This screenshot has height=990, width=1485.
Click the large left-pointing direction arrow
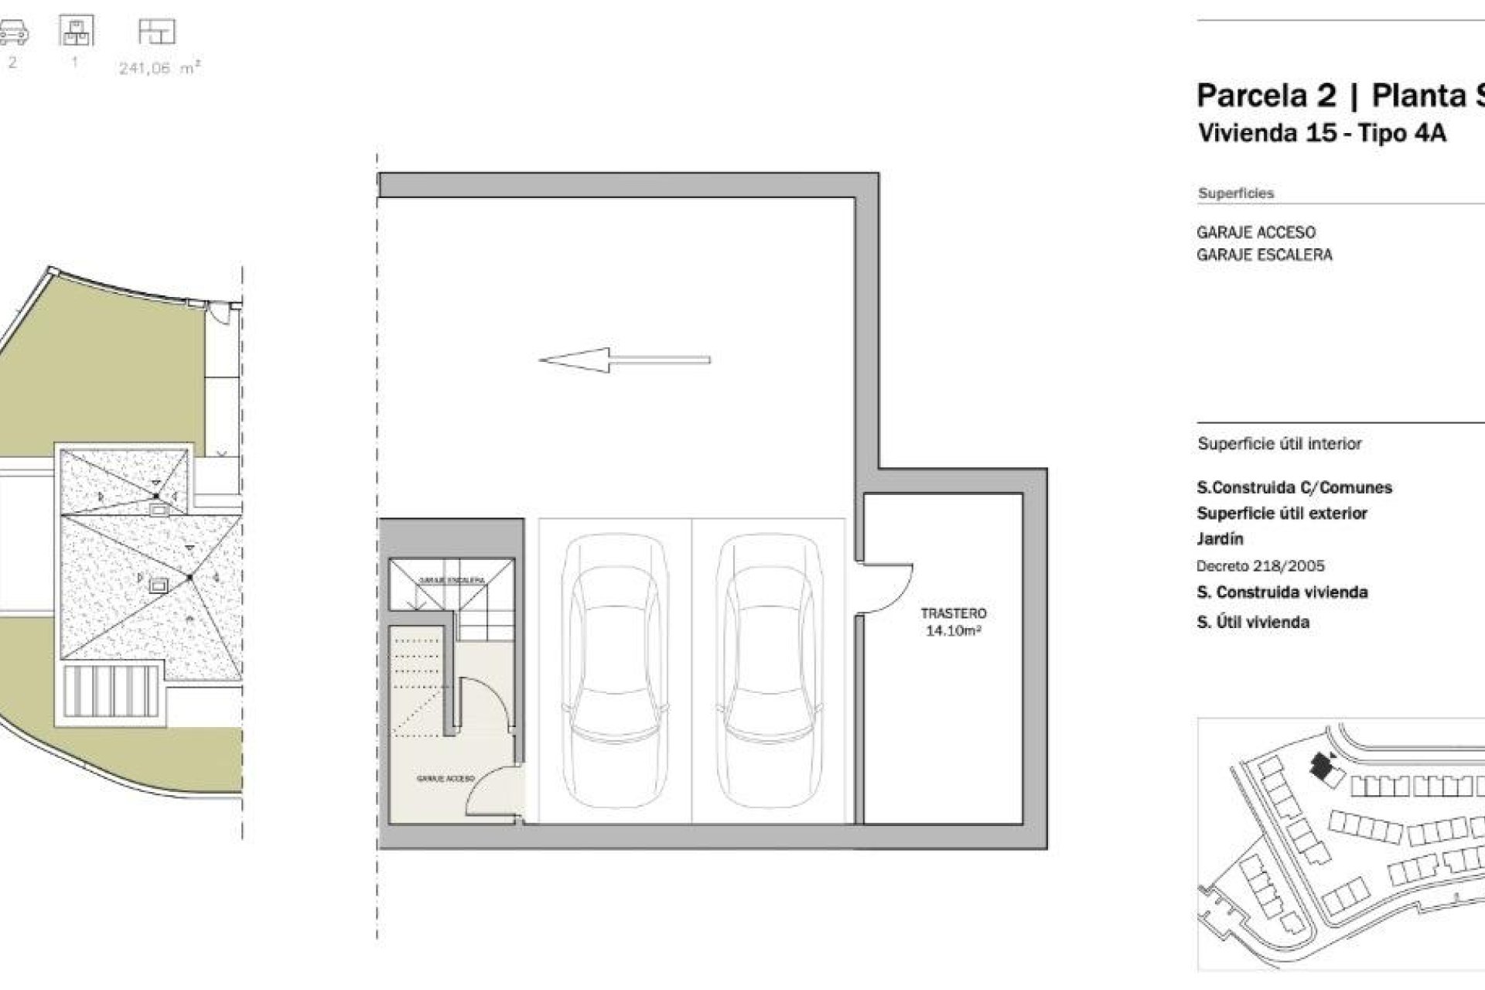[x=623, y=360]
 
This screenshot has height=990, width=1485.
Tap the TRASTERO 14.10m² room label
[x=953, y=622]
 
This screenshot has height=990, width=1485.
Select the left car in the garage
[x=615, y=671]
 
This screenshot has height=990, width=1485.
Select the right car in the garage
[x=768, y=671]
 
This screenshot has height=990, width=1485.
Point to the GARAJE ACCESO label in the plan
[x=445, y=779]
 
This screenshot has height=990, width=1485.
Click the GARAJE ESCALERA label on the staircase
[x=452, y=580]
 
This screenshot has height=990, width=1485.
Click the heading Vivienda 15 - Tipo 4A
[x=1321, y=133]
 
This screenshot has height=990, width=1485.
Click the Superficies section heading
[x=1235, y=193]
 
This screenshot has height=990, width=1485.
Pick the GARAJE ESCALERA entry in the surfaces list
[x=1264, y=255]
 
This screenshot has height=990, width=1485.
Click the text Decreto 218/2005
[x=1260, y=566]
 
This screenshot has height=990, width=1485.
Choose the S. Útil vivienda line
[x=1252, y=622]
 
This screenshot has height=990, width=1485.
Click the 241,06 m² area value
[x=159, y=68]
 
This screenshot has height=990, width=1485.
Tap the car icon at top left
[x=13, y=32]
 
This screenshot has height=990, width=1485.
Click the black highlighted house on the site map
[x=1319, y=766]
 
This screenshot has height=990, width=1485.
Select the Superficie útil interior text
[x=1279, y=444]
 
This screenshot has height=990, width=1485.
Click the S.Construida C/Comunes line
[x=1294, y=488]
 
